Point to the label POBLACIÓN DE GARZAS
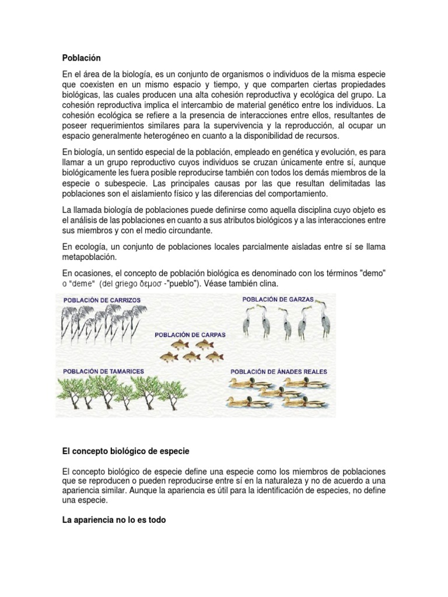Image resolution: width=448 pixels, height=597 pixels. [x=278, y=299]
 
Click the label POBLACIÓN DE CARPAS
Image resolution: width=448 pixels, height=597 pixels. [x=190, y=335]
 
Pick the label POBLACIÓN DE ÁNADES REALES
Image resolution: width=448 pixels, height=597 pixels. [x=279, y=371]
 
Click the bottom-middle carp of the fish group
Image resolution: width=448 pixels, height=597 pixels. [x=190, y=356]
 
